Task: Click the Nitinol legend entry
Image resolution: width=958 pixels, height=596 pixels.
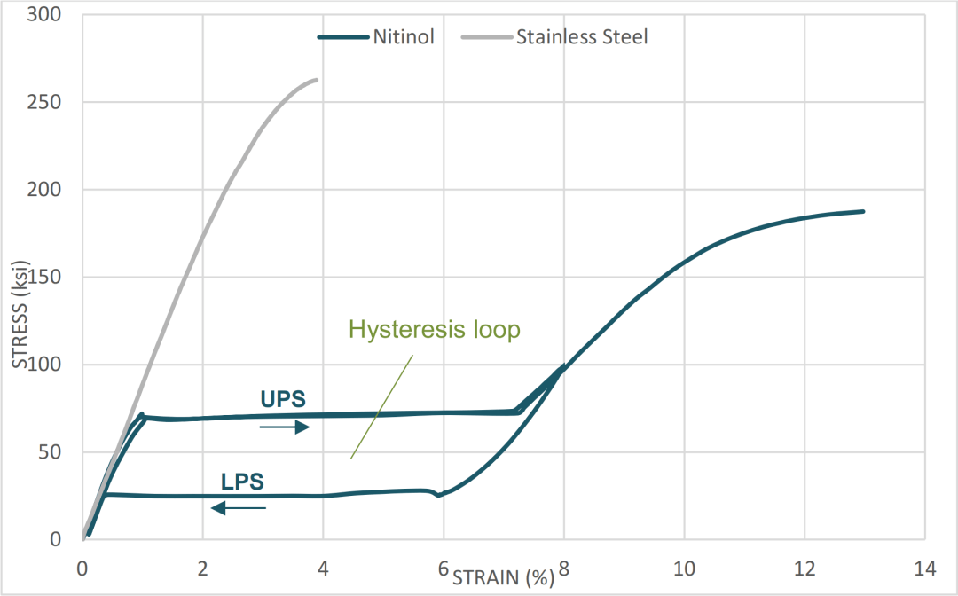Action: (x=375, y=37)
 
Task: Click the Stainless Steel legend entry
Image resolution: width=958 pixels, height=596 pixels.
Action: (x=555, y=37)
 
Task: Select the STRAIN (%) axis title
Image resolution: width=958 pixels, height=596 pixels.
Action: (x=503, y=578)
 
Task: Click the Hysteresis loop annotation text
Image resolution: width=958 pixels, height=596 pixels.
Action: (x=434, y=330)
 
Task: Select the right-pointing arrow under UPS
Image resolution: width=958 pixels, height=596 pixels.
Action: (x=284, y=427)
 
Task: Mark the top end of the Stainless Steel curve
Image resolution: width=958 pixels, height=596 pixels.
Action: (x=317, y=80)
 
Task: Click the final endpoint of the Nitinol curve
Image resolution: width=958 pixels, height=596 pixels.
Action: (x=863, y=211)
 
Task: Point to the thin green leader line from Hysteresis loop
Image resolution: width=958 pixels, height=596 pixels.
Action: (x=382, y=406)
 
